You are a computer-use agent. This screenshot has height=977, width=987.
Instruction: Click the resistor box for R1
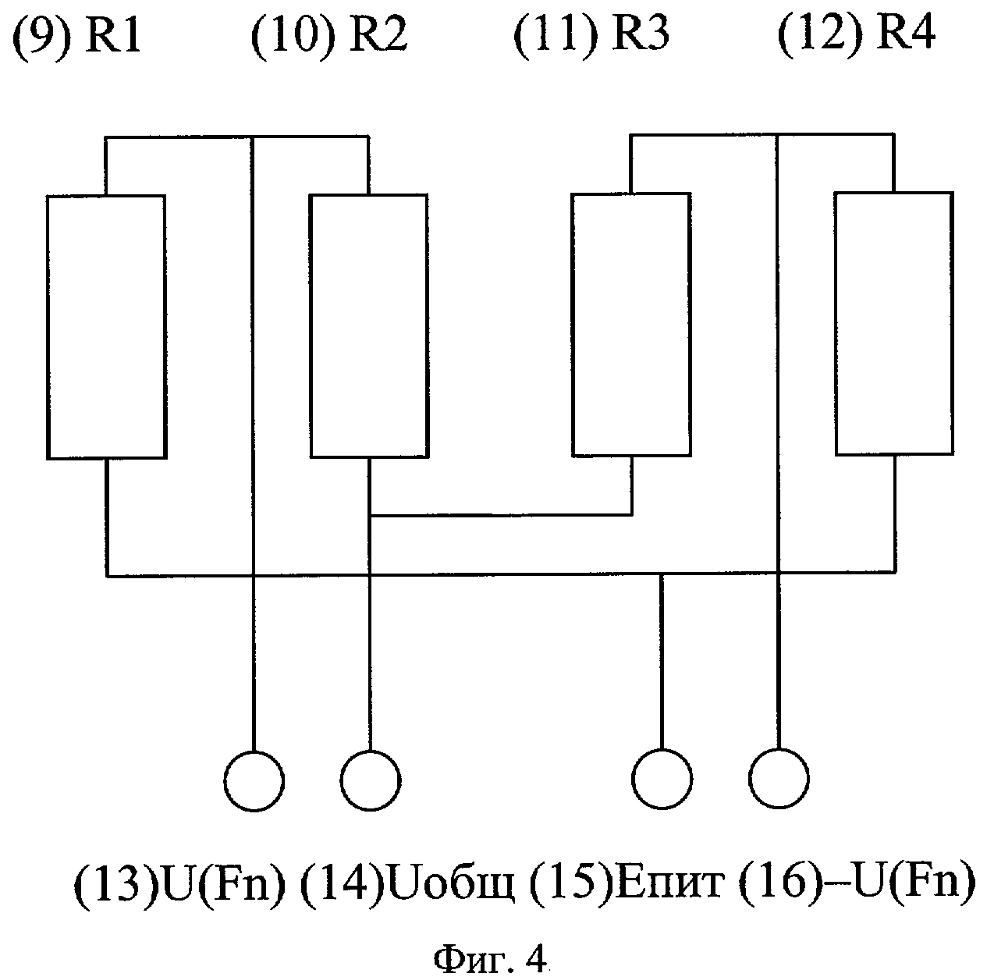click(x=106, y=326)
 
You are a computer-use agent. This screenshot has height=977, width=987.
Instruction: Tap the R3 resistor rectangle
click(x=631, y=324)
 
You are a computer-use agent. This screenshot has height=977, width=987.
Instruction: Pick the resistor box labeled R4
click(x=894, y=323)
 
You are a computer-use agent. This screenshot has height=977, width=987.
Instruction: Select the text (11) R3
click(x=591, y=36)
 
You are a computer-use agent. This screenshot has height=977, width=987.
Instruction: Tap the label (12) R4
click(x=857, y=34)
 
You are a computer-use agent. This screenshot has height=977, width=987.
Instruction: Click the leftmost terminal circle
click(x=254, y=780)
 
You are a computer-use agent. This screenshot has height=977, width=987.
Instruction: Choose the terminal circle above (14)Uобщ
click(x=371, y=780)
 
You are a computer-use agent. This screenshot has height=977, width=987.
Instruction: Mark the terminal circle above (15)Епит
click(x=662, y=779)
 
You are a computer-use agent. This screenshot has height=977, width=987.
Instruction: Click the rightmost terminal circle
click(x=779, y=779)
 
